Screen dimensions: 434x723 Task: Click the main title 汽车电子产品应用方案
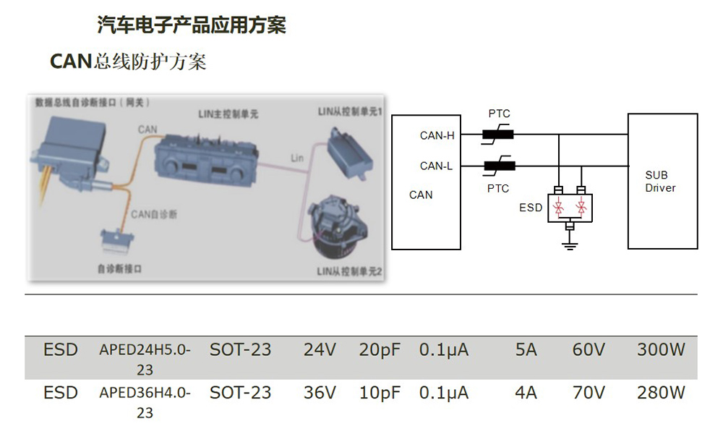point(192,25)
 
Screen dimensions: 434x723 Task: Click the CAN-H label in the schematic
point(437,135)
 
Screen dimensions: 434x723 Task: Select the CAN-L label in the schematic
point(436,166)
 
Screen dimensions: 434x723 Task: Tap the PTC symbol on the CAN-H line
point(499,134)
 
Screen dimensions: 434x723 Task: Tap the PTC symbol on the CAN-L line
point(499,166)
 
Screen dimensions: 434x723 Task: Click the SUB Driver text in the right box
point(660,182)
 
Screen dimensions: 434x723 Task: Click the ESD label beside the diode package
point(531,208)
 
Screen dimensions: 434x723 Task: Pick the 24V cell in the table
point(320,351)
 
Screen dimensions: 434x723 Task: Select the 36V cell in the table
point(320,393)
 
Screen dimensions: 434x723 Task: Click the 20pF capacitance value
point(380,351)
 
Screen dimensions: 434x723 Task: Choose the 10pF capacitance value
point(380,393)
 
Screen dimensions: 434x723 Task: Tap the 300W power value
point(661,351)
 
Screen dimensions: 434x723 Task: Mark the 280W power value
point(661,393)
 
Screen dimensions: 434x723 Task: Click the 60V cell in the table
point(589,351)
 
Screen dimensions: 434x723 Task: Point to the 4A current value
point(526,393)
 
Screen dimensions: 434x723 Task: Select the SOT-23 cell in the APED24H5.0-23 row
point(240,351)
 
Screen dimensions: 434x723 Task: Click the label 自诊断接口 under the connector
point(119,268)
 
